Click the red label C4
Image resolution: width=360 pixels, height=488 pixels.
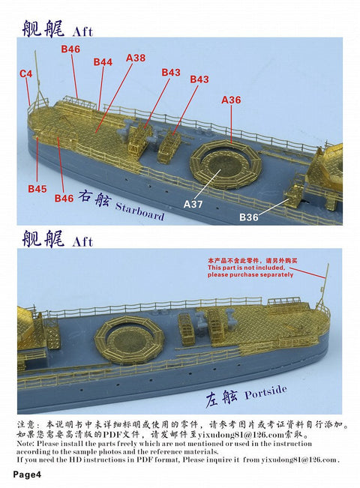25,73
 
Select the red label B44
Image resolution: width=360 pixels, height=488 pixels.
103,62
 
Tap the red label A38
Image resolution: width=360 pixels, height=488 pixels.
136,57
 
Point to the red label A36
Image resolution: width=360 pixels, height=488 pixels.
231,100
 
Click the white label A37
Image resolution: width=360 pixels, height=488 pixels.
194,203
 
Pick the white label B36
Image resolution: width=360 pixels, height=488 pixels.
249,217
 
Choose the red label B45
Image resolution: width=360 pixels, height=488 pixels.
37,189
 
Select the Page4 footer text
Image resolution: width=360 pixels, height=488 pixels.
26,475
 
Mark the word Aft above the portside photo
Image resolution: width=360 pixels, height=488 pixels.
82,242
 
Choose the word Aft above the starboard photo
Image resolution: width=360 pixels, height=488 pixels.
82,31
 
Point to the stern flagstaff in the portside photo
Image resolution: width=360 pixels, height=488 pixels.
325,281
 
